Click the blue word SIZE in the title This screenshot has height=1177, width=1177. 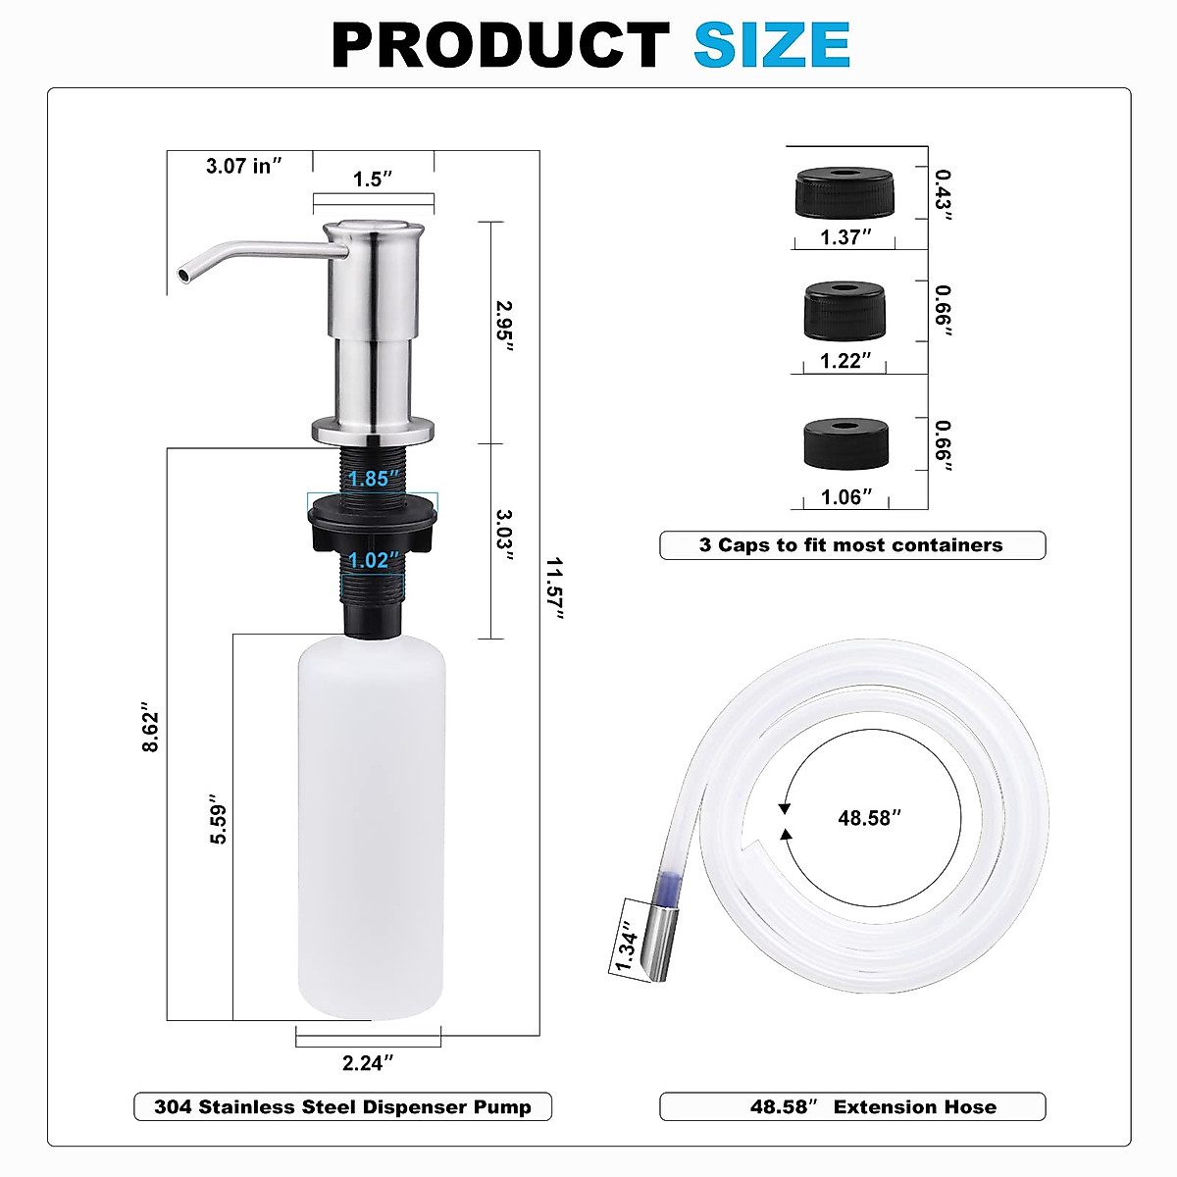click(x=772, y=44)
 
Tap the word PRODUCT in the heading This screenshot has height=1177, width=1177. click(x=501, y=44)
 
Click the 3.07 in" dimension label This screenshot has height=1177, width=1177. click(x=243, y=166)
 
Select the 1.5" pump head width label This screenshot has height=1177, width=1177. click(x=373, y=179)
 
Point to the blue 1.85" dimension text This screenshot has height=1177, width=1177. click(x=373, y=479)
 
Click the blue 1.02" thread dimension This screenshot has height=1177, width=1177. click(x=373, y=560)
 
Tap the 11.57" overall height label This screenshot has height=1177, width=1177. click(x=554, y=588)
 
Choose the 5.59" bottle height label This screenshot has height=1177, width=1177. click(x=218, y=819)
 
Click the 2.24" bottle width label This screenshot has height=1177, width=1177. click(x=368, y=1063)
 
